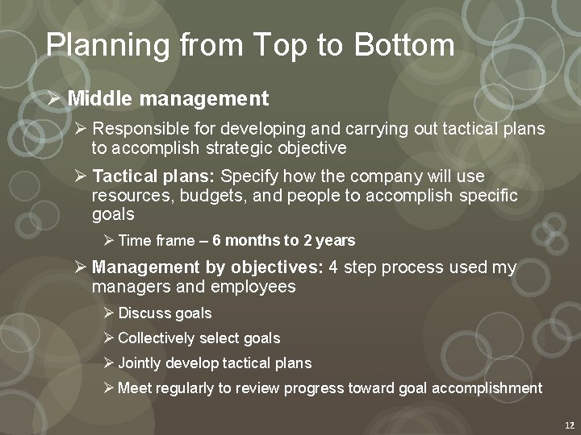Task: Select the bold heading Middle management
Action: coord(168,99)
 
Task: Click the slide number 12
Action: coord(568,425)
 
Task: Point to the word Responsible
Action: coord(141,129)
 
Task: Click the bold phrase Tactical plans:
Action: coord(153,176)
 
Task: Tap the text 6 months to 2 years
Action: coord(284,241)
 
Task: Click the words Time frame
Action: coord(156,241)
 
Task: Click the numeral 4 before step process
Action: coord(334,267)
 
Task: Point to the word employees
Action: coord(253,287)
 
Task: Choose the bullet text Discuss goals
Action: coord(165,313)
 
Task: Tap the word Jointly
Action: coord(140,363)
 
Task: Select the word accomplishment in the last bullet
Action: coord(487,388)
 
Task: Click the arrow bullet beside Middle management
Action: coord(54,99)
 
